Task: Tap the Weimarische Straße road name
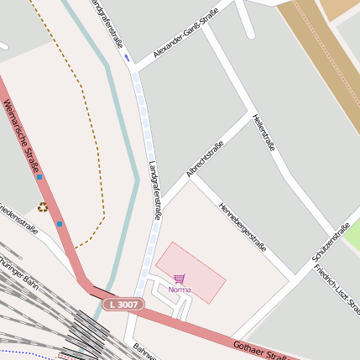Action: point(23,139)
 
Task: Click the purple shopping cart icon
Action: point(179,278)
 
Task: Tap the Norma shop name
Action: point(180,290)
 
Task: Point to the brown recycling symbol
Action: point(42,206)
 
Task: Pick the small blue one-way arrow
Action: point(127,58)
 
